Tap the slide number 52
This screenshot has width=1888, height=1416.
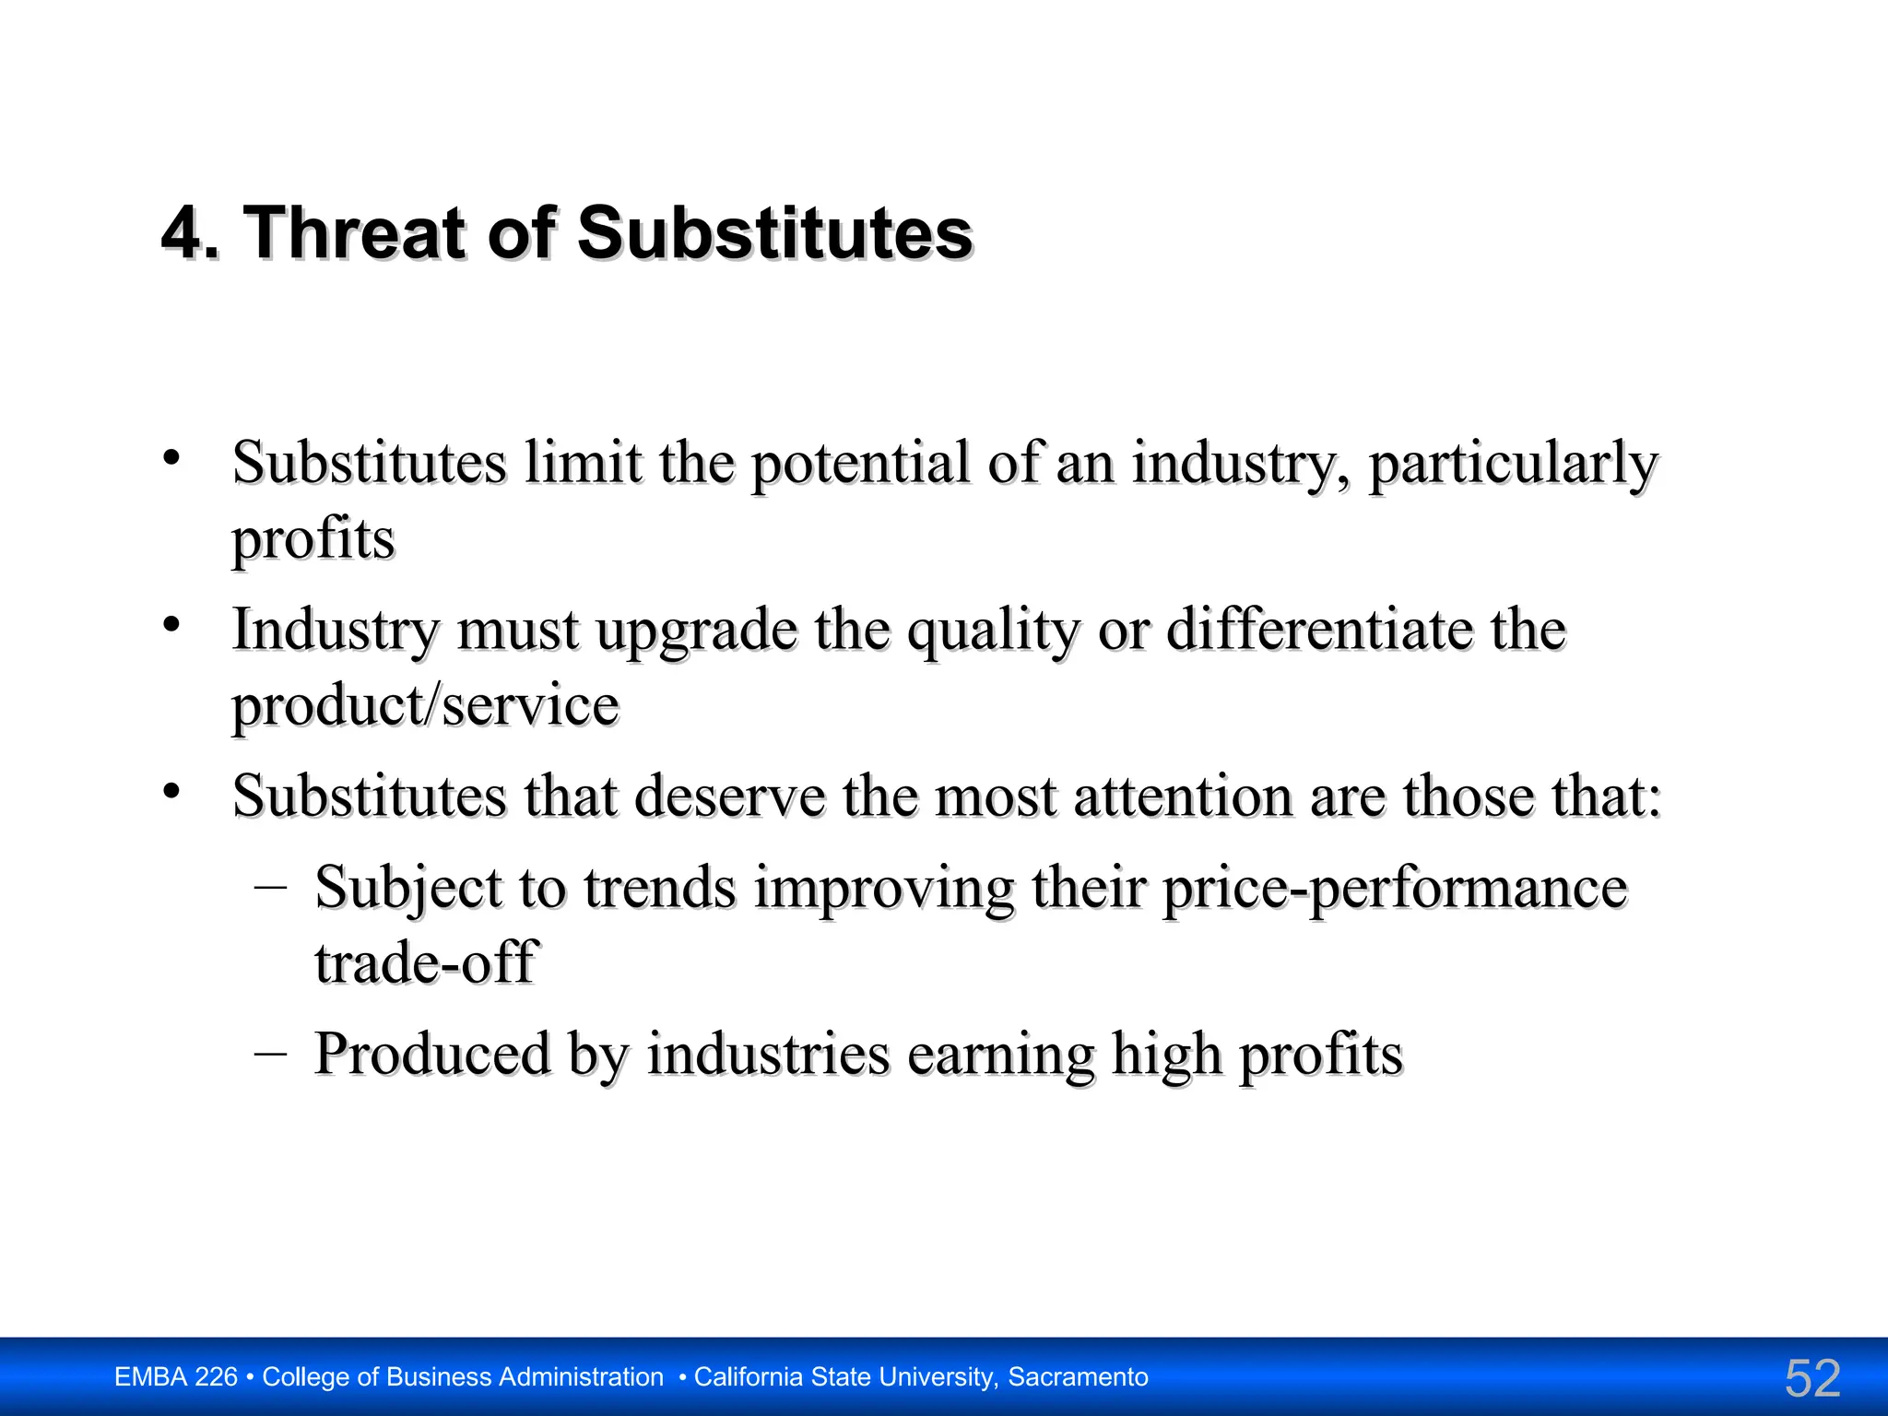pos(1812,1378)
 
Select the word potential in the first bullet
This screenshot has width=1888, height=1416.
pos(859,463)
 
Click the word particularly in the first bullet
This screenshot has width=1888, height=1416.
pos(1513,463)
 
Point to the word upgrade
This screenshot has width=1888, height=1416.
pos(696,631)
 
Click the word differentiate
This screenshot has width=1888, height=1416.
pos(1319,631)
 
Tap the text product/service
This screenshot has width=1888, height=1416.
pos(425,706)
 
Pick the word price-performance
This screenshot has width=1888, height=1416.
pos(1395,889)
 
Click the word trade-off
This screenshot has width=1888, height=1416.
pos(425,963)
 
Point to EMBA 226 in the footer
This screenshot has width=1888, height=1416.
pos(175,1377)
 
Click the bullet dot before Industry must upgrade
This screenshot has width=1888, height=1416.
pos(171,625)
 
